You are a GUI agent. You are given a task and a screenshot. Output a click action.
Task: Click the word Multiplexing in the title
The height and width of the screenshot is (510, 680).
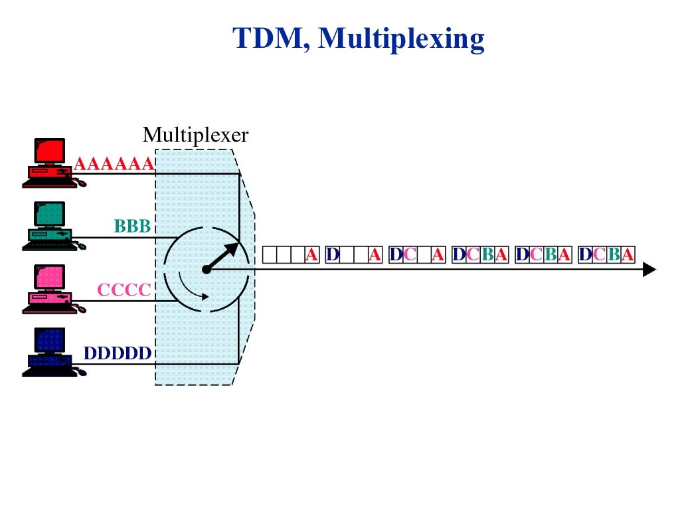(401, 40)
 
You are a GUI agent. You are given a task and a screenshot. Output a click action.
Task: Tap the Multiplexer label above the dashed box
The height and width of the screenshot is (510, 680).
(195, 135)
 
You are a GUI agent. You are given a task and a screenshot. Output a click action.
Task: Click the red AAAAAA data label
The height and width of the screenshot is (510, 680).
(114, 164)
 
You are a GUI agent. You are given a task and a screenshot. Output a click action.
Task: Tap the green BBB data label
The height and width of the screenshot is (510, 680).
(133, 226)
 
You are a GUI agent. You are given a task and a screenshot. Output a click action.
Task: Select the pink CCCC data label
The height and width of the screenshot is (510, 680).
(124, 290)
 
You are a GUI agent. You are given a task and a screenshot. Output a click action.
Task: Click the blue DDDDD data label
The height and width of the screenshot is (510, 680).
(118, 353)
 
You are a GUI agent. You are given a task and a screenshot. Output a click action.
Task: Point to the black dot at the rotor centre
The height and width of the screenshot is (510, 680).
(207, 269)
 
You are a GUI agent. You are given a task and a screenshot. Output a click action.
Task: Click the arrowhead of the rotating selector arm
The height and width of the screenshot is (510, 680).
(232, 249)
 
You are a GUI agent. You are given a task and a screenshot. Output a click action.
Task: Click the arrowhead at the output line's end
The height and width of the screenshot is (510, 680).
(649, 269)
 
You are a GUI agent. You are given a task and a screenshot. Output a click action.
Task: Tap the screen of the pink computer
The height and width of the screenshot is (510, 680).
(50, 277)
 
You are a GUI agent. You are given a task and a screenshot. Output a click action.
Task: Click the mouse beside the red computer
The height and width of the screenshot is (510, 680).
(80, 183)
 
